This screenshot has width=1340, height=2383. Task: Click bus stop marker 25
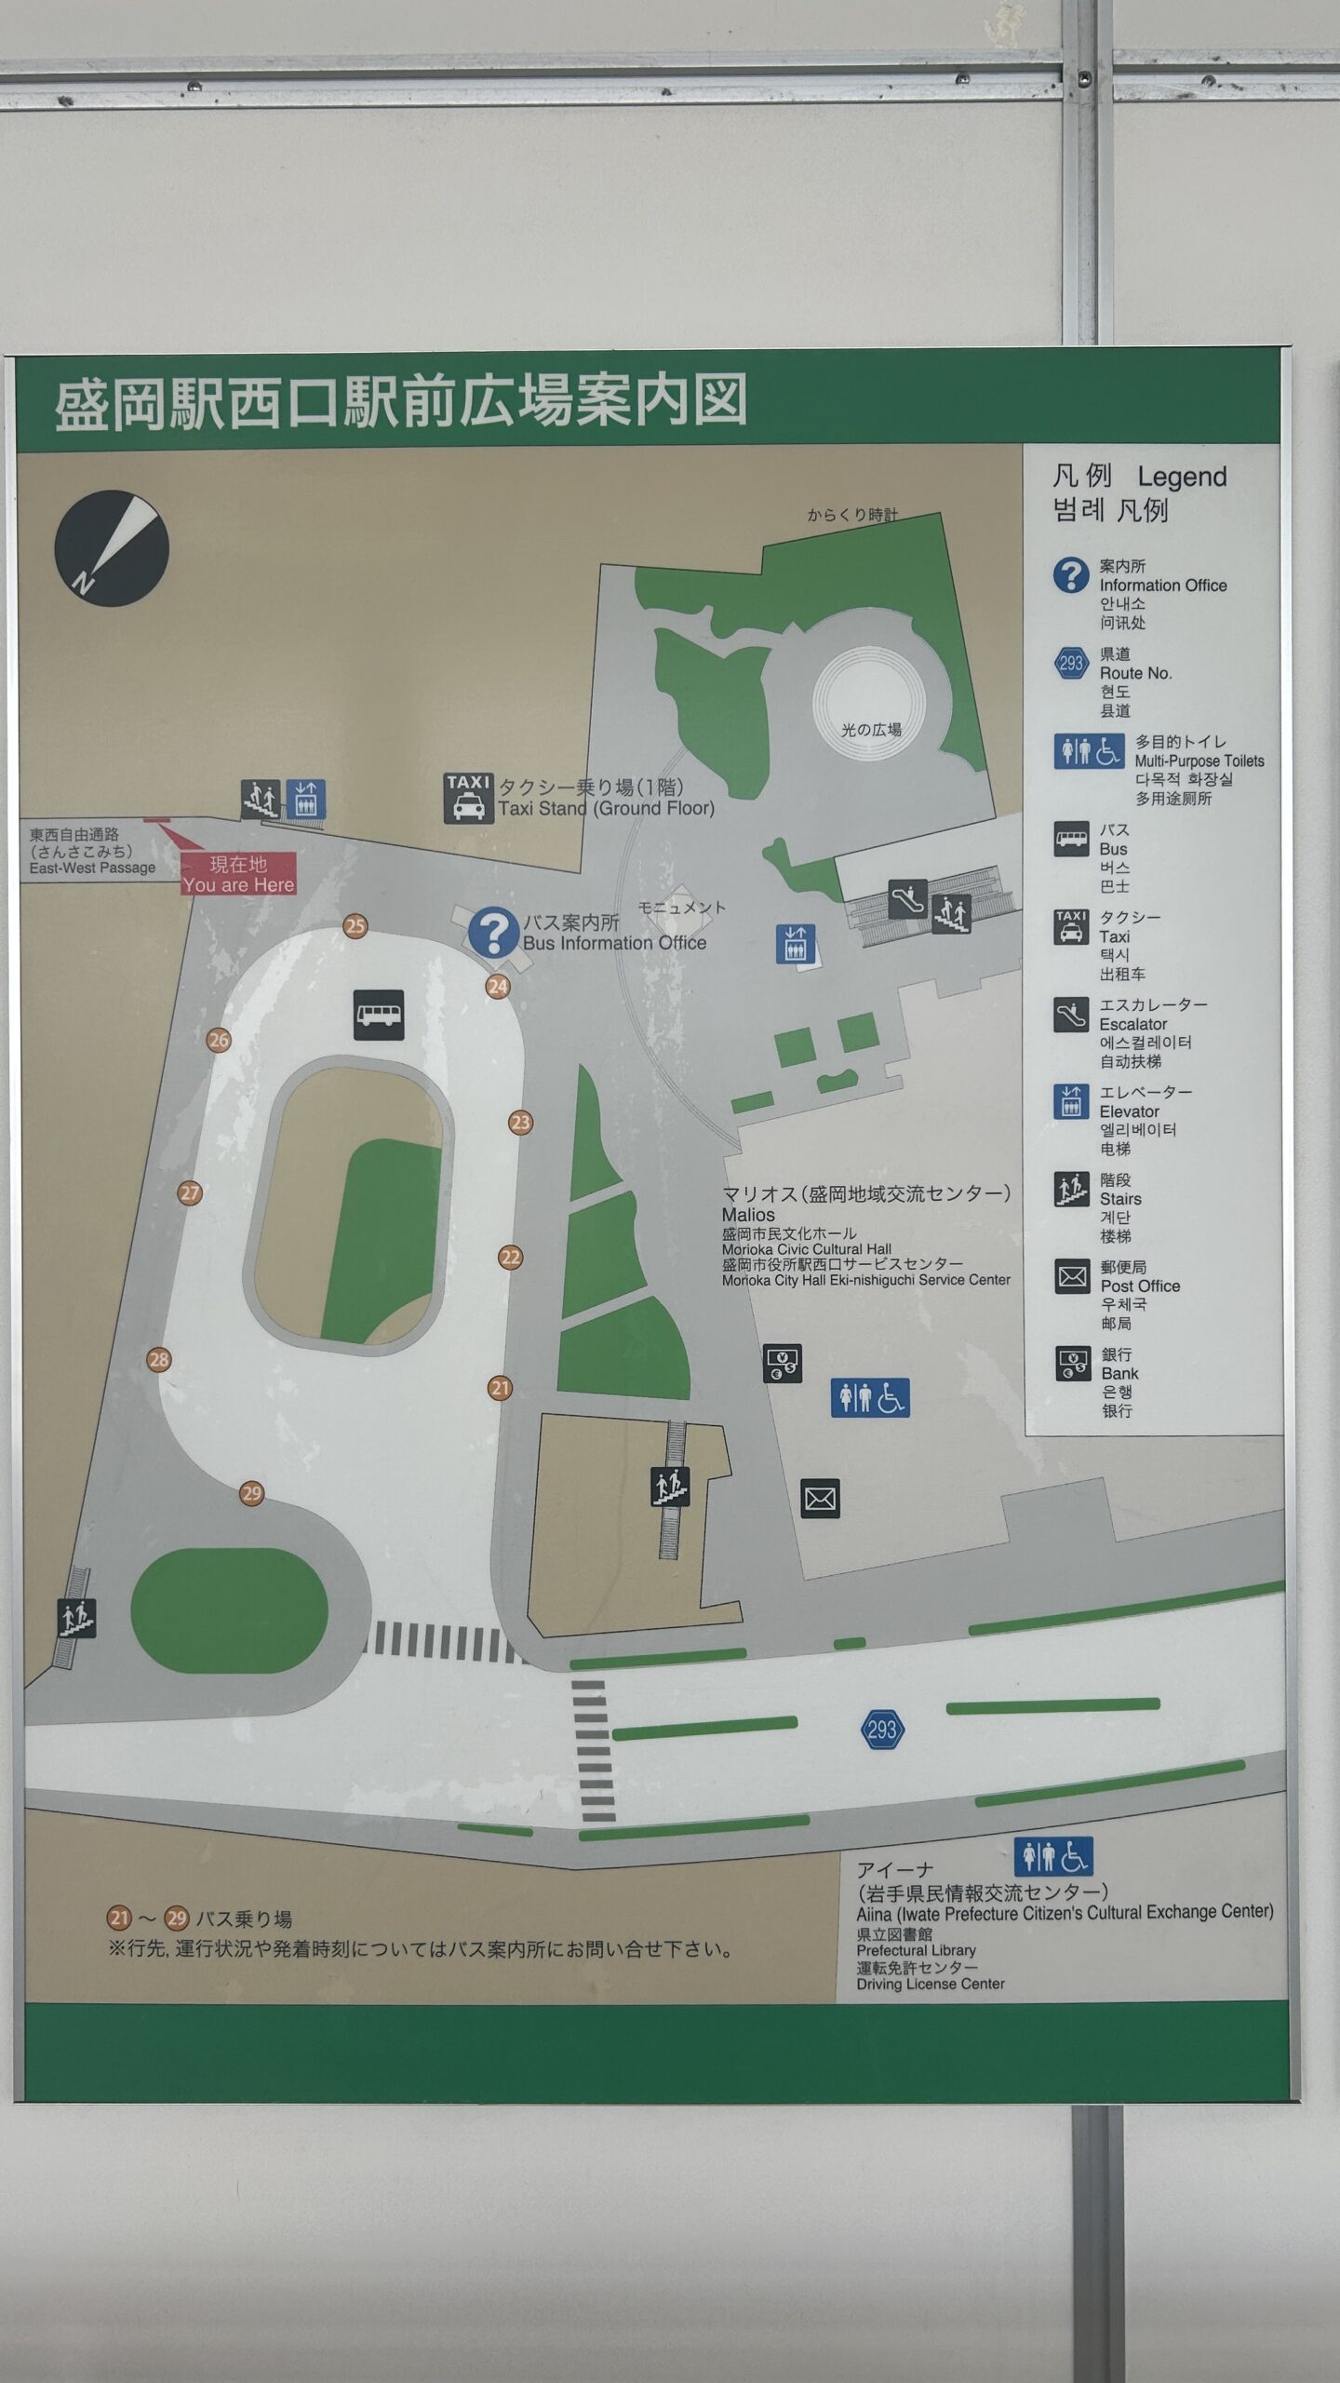click(355, 926)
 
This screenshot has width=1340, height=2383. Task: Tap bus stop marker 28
click(159, 1360)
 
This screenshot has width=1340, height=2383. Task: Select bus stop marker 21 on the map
click(501, 1389)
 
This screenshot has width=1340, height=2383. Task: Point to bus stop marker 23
click(520, 1123)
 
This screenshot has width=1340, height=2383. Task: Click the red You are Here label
click(238, 875)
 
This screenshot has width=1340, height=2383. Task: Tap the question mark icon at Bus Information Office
click(493, 933)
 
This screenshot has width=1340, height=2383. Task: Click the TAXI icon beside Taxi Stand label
click(467, 799)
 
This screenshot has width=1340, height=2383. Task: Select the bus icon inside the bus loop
click(379, 1015)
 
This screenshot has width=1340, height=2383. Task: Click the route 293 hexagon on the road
click(881, 1730)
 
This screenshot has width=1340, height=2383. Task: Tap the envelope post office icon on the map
click(820, 1499)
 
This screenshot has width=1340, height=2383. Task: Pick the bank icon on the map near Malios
click(783, 1364)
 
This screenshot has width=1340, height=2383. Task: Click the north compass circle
click(112, 549)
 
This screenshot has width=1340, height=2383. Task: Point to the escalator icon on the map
click(906, 899)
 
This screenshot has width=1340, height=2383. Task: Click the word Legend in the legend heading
click(1182, 478)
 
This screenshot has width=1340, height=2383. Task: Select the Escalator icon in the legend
click(1071, 1016)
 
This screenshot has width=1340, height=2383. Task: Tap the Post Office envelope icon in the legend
click(1072, 1276)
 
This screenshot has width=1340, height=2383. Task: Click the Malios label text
click(748, 1215)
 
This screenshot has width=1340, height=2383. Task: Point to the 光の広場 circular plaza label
click(871, 730)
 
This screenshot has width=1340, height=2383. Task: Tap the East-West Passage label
click(92, 868)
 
